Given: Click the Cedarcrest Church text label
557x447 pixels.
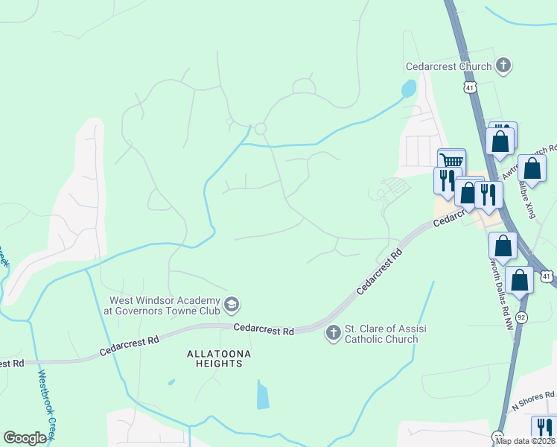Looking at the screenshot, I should (x=448, y=66).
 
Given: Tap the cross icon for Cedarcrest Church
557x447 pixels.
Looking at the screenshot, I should (x=503, y=66).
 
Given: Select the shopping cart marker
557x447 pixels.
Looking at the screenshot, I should (x=451, y=162).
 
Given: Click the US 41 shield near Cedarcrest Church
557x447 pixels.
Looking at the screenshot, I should (x=468, y=88).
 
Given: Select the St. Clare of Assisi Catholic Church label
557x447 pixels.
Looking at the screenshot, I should (x=381, y=334).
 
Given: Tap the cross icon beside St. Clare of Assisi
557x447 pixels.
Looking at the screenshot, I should (x=333, y=333).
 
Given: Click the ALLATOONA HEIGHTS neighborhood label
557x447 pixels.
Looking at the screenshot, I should (x=214, y=358).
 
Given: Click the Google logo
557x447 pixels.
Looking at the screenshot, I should (x=25, y=438).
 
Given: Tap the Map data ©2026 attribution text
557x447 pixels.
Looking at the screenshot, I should (x=524, y=441).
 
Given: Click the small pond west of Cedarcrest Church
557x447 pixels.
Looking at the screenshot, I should (x=408, y=89).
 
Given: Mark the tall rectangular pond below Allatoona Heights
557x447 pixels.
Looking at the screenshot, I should (x=263, y=394).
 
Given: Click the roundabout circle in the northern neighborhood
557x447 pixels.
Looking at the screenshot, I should (x=260, y=130).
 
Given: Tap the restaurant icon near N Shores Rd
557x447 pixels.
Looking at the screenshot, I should (x=542, y=428).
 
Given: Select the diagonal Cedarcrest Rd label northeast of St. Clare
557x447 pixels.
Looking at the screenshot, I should (x=380, y=272).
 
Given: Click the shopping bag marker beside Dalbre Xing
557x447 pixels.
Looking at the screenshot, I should (x=532, y=169).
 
